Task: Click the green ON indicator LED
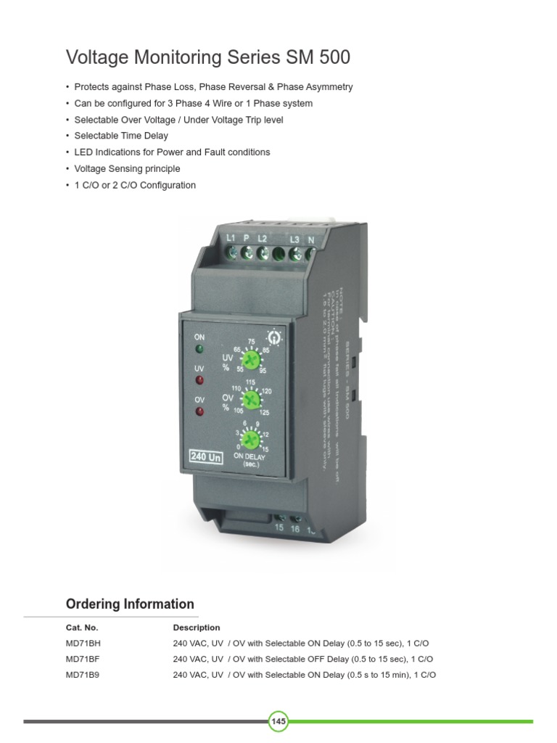pos(199,350)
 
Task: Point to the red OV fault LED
pos(199,412)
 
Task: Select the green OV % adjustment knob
pos(252,399)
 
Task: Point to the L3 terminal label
pos(294,239)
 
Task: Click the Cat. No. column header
pos(81,628)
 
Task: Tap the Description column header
pos(197,628)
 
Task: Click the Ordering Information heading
pos(130,604)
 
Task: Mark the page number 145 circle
pos(278,721)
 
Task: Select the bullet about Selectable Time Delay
pos(121,136)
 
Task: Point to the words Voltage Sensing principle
pos(127,169)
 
